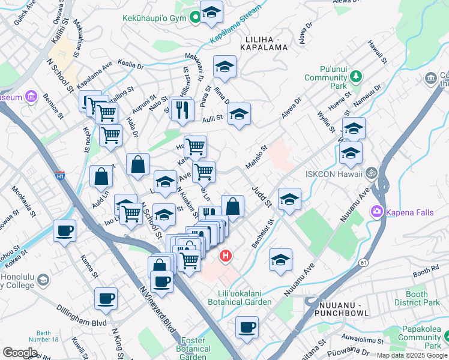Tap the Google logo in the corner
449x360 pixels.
(x=20, y=352)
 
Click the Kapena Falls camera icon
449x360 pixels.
(x=377, y=211)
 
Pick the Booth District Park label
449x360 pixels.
(x=424, y=298)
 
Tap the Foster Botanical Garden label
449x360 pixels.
(x=193, y=349)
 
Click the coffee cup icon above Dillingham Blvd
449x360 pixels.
(x=106, y=298)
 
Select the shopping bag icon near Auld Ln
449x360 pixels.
(x=101, y=176)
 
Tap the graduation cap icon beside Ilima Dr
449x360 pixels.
(x=238, y=113)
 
